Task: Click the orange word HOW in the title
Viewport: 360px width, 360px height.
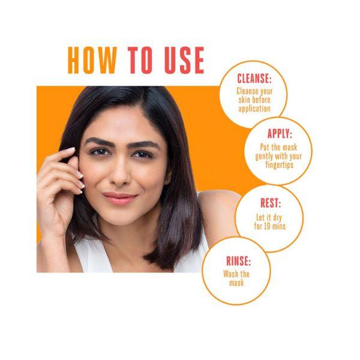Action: click(92, 60)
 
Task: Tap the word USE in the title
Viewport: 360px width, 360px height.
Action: click(184, 60)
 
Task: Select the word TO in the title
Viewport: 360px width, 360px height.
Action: click(140, 60)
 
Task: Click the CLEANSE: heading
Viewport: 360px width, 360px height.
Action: click(254, 79)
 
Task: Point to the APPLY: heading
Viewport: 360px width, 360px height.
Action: click(280, 133)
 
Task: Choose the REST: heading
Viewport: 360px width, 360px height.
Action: click(271, 203)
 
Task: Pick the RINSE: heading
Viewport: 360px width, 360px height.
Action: click(239, 261)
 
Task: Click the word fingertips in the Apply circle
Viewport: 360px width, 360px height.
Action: click(280, 165)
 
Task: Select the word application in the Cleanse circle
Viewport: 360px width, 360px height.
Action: click(254, 109)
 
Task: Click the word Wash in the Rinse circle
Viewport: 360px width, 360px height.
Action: click(230, 274)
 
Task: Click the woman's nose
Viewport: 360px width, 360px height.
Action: click(119, 174)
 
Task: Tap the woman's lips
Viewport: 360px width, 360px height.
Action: click(119, 198)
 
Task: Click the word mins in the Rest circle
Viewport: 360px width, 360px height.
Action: click(279, 226)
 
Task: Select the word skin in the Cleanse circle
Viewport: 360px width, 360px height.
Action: click(244, 100)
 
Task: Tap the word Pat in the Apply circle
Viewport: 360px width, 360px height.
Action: click(265, 147)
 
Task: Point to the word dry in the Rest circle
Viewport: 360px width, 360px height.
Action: click(277, 218)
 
